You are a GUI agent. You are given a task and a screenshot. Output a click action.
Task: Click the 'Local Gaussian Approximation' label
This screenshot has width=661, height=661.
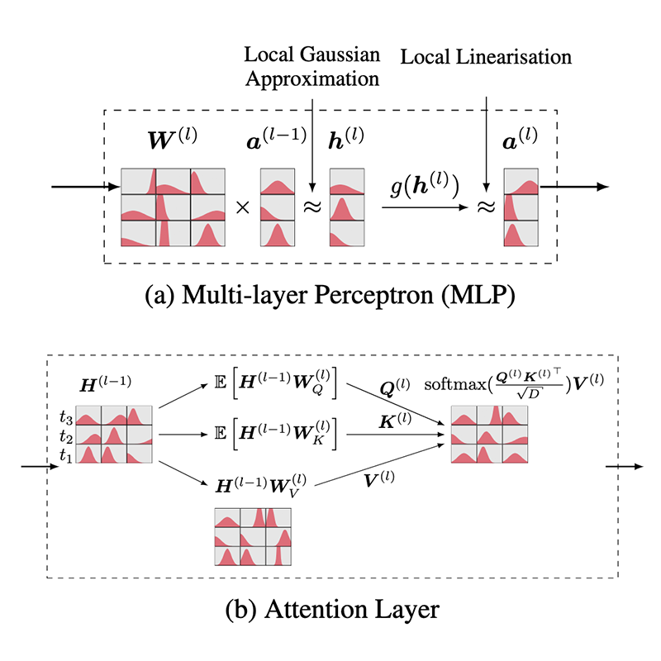tap(312, 69)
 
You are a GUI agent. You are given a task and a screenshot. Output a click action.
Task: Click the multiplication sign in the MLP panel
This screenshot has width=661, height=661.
tap(243, 207)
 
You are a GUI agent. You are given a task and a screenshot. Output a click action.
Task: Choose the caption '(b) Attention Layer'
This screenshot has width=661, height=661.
tap(330, 612)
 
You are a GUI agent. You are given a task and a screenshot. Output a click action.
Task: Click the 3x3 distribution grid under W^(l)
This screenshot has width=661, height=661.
tap(174, 207)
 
